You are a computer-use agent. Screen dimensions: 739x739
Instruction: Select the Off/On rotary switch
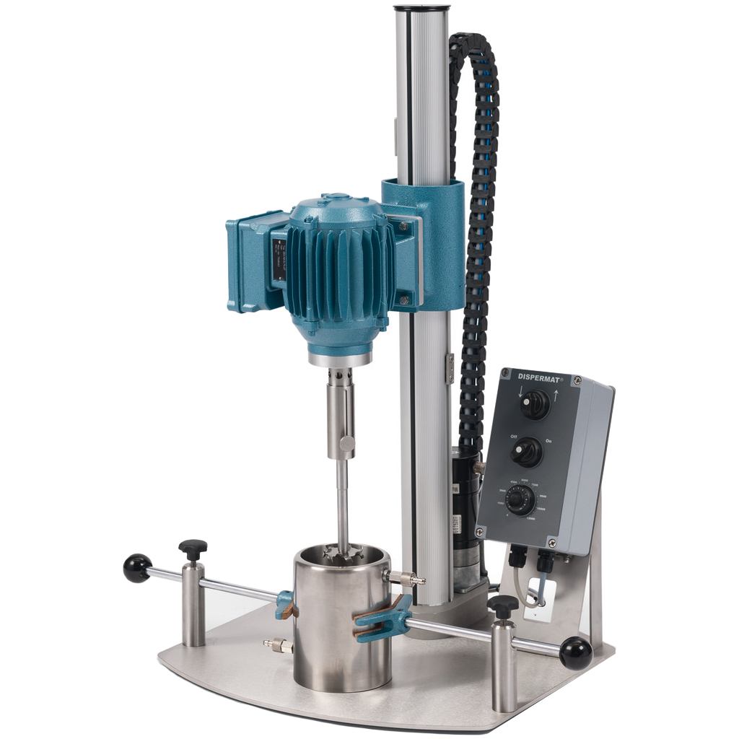click(526, 452)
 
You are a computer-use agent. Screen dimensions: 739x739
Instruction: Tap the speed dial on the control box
click(520, 499)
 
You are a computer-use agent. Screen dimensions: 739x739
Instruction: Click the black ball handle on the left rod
click(137, 568)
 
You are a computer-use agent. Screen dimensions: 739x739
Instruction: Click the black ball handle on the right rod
click(576, 653)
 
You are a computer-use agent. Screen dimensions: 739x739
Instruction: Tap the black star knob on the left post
click(193, 548)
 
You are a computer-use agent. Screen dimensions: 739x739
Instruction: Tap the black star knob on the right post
click(503, 605)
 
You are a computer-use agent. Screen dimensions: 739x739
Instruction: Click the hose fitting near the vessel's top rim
click(407, 578)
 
